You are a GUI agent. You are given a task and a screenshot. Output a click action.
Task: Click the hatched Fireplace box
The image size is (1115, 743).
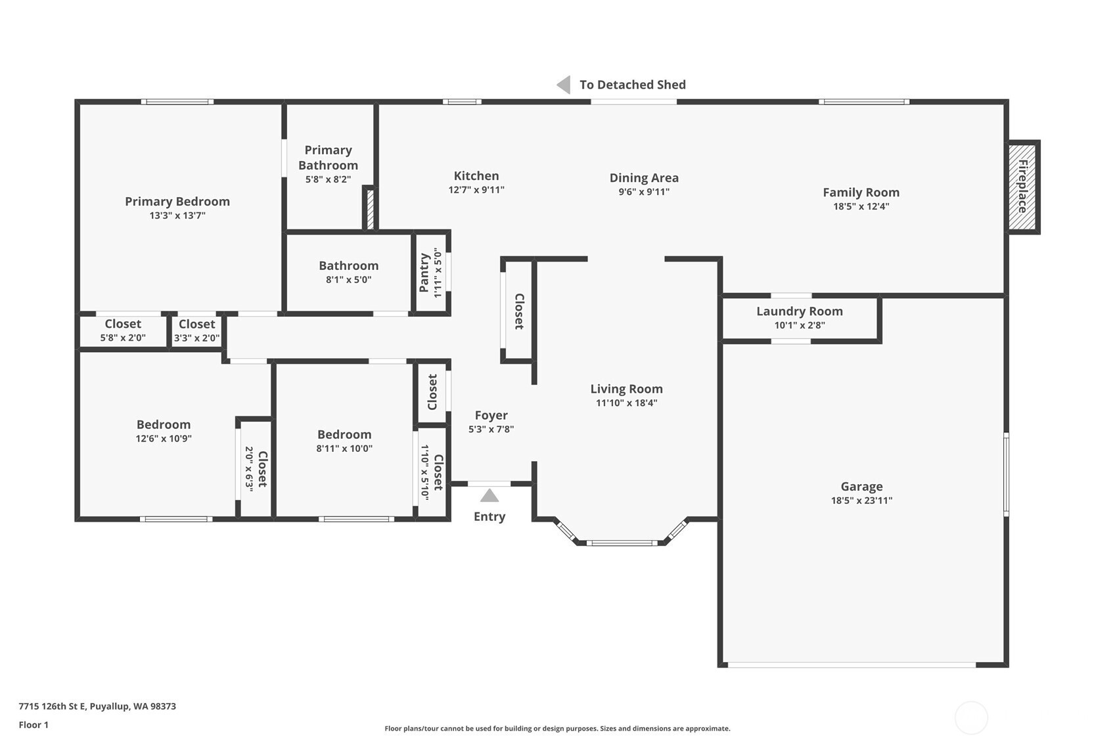pos(1022,187)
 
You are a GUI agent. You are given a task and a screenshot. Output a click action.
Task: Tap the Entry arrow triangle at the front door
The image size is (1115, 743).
pos(489,496)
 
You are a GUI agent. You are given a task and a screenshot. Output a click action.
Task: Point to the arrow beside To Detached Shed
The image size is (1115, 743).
pos(564,85)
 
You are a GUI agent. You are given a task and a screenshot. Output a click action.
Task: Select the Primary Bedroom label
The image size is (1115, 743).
pos(177,202)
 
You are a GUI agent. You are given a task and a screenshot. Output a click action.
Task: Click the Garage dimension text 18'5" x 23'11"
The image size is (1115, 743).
pos(861,501)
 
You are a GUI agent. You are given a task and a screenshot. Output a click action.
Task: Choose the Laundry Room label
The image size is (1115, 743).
pos(800,311)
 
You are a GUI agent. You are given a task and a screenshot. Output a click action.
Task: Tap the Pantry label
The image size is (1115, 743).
pos(424,273)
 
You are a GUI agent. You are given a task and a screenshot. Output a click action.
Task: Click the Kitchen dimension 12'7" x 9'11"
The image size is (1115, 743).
pos(476,190)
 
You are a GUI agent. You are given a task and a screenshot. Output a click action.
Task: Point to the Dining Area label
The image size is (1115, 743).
pos(644,177)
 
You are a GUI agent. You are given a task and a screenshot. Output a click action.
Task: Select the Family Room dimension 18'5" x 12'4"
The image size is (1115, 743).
pos(861,206)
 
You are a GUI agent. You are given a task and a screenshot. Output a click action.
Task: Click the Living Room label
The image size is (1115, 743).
pos(626,389)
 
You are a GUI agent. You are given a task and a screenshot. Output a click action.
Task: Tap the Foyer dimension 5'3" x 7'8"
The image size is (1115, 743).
pos(491,429)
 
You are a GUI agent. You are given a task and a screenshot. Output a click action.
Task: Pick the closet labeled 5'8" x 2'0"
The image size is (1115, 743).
pos(123,330)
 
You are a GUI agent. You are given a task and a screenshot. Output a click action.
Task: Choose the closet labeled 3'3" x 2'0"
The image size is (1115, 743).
pos(196,330)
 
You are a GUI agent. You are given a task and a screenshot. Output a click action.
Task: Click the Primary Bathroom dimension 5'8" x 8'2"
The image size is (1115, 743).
pos(328,179)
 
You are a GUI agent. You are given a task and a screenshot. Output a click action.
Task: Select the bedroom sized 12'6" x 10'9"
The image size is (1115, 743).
pos(163,431)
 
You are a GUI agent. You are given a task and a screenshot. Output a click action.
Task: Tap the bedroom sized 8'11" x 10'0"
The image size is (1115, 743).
pos(344,441)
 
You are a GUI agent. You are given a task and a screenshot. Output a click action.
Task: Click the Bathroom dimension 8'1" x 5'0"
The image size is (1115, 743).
pos(348,280)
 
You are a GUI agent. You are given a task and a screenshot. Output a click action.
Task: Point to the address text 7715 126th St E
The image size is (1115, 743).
pos(53,706)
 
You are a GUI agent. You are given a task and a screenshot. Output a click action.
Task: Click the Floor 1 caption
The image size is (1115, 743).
pos(34,725)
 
